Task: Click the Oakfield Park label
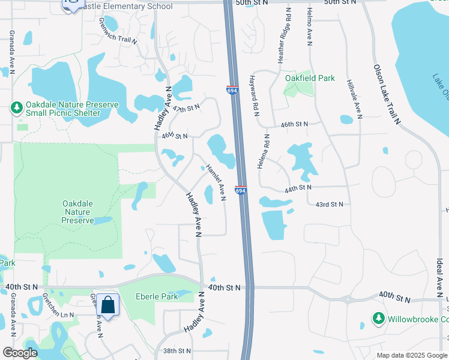(x=310, y=79)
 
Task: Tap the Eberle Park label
(x=157, y=296)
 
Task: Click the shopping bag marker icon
(x=108, y=305)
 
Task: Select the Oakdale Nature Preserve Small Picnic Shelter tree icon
(x=17, y=108)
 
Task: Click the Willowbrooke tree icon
(x=378, y=319)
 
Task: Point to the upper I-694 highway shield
(x=232, y=89)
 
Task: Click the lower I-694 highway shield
(x=240, y=190)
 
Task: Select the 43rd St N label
(x=330, y=204)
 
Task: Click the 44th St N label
(x=298, y=188)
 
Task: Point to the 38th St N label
(x=176, y=350)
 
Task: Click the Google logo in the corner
(x=20, y=353)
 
